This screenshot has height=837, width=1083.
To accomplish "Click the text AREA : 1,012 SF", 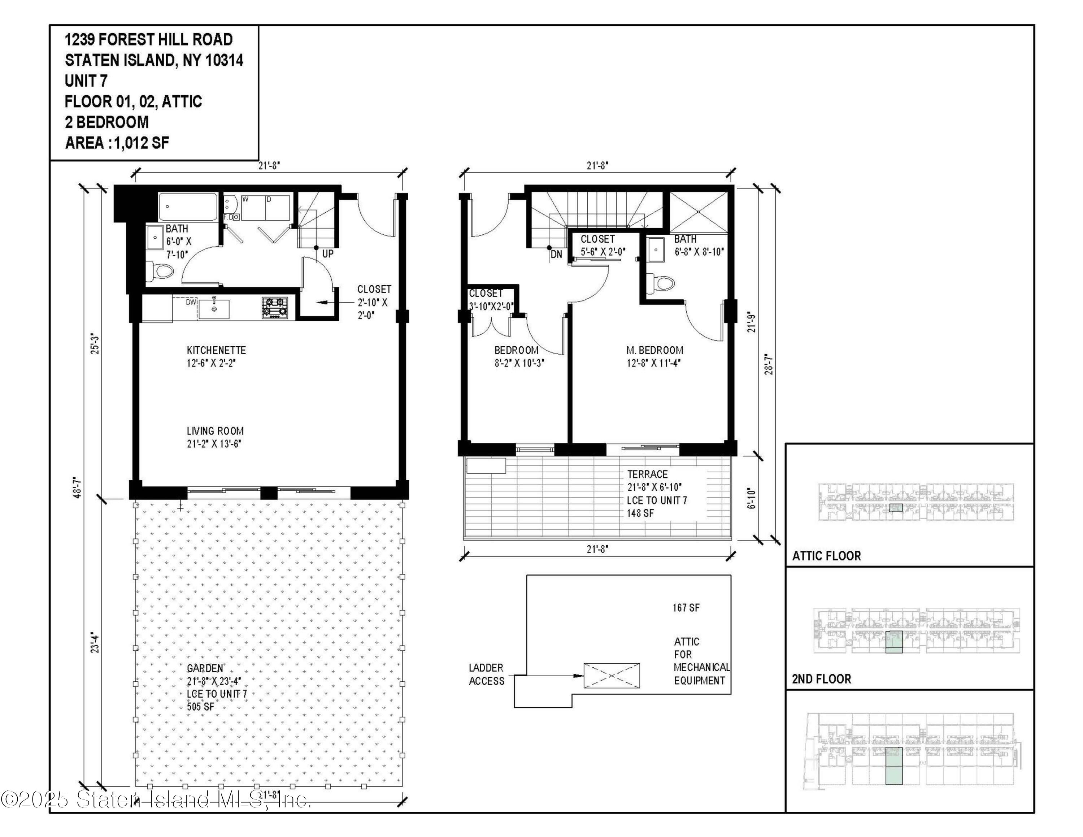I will point(117,143).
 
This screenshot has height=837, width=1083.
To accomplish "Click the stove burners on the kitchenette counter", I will point(275,307).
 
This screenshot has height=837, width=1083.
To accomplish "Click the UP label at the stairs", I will point(328,254).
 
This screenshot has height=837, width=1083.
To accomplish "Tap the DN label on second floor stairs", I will point(556,254).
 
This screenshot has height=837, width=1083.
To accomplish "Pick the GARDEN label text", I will point(205,668).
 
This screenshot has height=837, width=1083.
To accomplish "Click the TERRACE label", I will point(647,474).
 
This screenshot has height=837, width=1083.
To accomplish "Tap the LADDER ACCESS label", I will point(487,675).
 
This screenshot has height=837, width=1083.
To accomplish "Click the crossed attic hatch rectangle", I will point(612,675).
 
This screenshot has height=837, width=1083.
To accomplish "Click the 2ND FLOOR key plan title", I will point(821,679).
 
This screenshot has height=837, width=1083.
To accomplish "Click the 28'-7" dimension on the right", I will point(769,364).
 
